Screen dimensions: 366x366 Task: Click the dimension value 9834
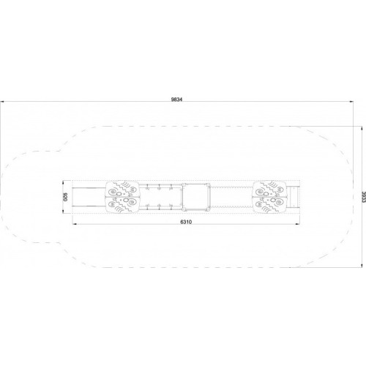177,100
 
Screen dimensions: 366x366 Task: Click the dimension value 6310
186,222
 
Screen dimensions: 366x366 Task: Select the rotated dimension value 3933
364,197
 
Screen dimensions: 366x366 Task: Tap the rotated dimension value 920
65,197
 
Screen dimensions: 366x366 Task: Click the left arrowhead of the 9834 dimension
2,102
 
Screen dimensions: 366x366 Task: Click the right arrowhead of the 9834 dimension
352,102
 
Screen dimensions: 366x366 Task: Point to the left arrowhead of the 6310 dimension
75,224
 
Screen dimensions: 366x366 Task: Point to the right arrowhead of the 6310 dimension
297,224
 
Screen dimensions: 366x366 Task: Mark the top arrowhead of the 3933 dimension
362,129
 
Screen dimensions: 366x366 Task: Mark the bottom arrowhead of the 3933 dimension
362,265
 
